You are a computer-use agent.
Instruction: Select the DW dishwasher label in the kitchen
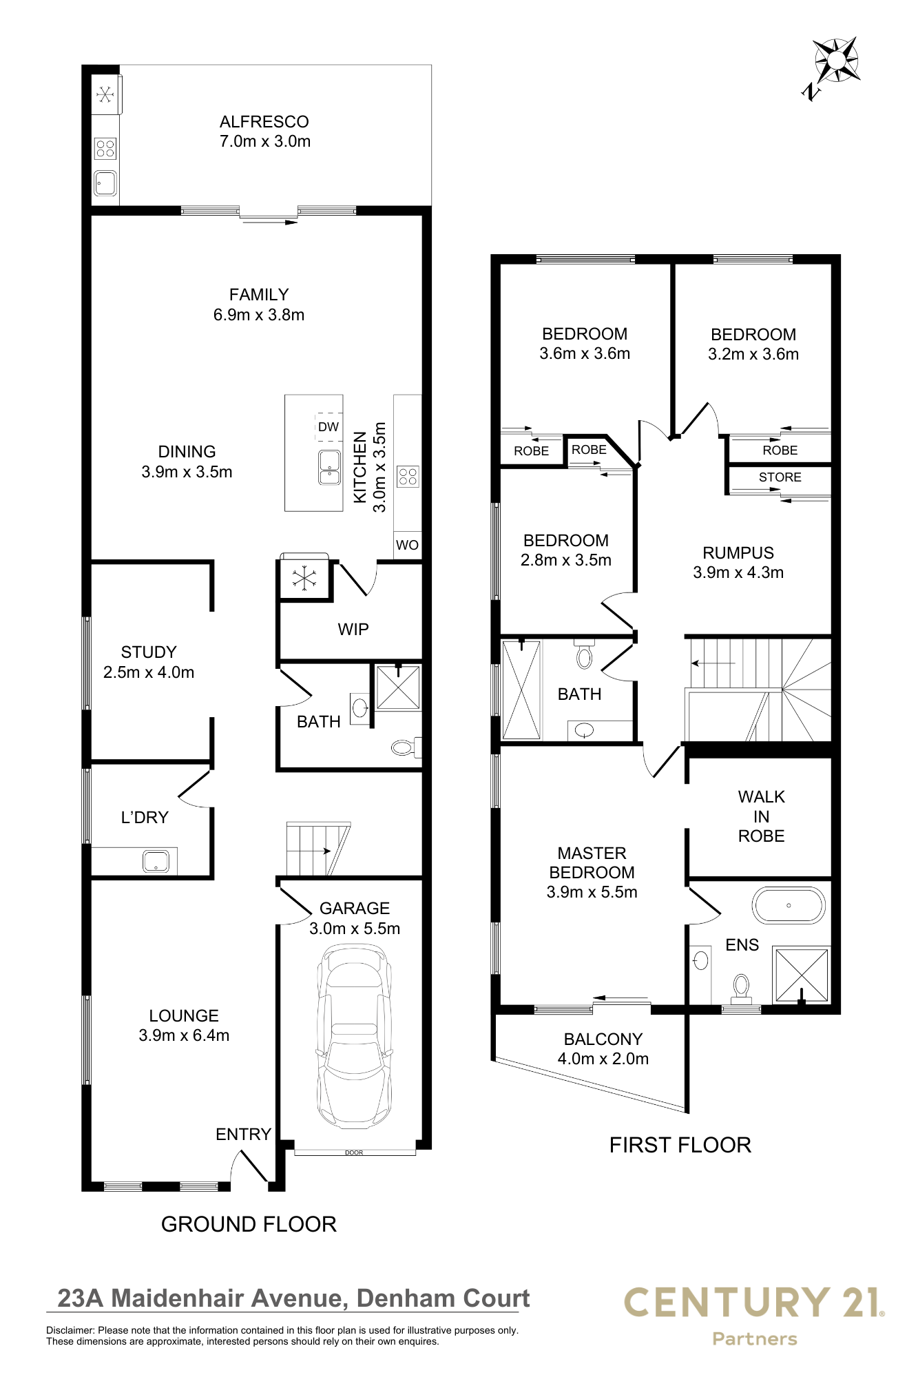328,427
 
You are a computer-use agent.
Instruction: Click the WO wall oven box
407,545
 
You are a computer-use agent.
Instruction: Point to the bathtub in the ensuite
789,905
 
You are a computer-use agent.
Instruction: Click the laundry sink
156,861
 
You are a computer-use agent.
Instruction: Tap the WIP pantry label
353,629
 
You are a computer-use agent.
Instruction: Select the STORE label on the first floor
780,477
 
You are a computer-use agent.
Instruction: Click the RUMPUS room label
738,553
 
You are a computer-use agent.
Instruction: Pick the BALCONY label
603,1039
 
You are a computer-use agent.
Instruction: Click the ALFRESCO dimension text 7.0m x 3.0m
265,141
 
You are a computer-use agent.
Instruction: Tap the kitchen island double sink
330,468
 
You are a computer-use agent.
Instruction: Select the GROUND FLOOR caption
249,1224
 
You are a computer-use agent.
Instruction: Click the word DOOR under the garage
354,1152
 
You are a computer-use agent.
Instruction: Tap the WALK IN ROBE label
762,816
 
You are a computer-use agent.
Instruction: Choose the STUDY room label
149,652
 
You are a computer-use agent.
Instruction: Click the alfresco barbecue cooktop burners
105,148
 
